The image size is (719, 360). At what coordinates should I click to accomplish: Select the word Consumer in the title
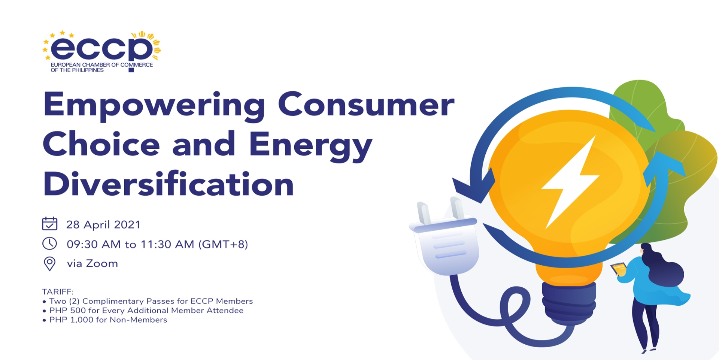pyautogui.click(x=366, y=104)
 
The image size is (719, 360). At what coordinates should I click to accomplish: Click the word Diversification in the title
pyautogui.click(x=169, y=184)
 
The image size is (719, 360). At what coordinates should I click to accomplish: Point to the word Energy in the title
pyautogui.click(x=311, y=146)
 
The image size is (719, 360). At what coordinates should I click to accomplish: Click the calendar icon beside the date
pyautogui.click(x=49, y=224)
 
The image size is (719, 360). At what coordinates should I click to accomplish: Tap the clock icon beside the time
pyautogui.click(x=49, y=243)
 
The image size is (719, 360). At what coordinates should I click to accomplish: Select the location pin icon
pyautogui.click(x=49, y=264)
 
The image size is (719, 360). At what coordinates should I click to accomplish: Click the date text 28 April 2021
pyautogui.click(x=103, y=224)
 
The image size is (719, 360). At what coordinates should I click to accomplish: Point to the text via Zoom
pyautogui.click(x=92, y=263)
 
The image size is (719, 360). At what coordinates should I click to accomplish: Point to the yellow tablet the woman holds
pyautogui.click(x=619, y=269)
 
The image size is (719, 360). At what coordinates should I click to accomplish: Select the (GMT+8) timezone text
pyautogui.click(x=223, y=244)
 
